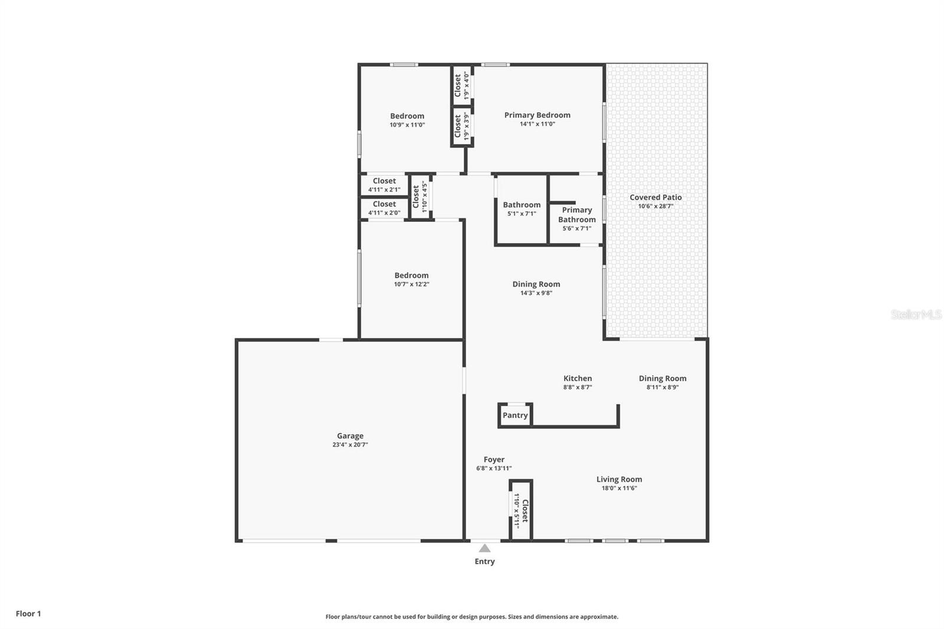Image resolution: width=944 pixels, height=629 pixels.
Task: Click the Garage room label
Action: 350,436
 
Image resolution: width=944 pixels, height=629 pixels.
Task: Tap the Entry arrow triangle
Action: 484,548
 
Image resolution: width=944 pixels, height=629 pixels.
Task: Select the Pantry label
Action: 515,415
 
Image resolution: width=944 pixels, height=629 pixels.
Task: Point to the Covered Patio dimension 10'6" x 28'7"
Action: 655,207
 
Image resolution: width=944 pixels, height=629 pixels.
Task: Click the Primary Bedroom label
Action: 537,115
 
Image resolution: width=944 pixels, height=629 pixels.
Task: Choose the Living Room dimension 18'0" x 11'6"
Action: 619,488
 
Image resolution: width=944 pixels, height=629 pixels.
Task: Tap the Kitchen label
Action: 577,378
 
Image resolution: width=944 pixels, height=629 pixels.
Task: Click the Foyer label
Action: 494,460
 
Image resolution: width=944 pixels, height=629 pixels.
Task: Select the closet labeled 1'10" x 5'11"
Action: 520,510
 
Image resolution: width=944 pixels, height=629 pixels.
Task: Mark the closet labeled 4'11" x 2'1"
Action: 384,185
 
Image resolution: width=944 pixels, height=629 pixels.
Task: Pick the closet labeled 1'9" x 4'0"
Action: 461,86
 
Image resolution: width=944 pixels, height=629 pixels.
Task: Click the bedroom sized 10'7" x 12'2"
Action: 411,279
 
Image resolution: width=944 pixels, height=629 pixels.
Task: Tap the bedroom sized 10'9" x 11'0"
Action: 407,120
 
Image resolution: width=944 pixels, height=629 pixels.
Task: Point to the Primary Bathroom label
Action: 576,214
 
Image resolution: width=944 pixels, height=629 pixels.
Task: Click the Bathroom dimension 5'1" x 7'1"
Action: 522,214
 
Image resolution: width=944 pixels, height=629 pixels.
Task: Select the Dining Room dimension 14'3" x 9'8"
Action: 536,293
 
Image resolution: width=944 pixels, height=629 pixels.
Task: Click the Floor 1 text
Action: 28,614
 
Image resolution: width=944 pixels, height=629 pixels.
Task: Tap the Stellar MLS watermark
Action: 916,315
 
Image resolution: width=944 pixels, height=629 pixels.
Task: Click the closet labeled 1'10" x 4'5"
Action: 419,197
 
